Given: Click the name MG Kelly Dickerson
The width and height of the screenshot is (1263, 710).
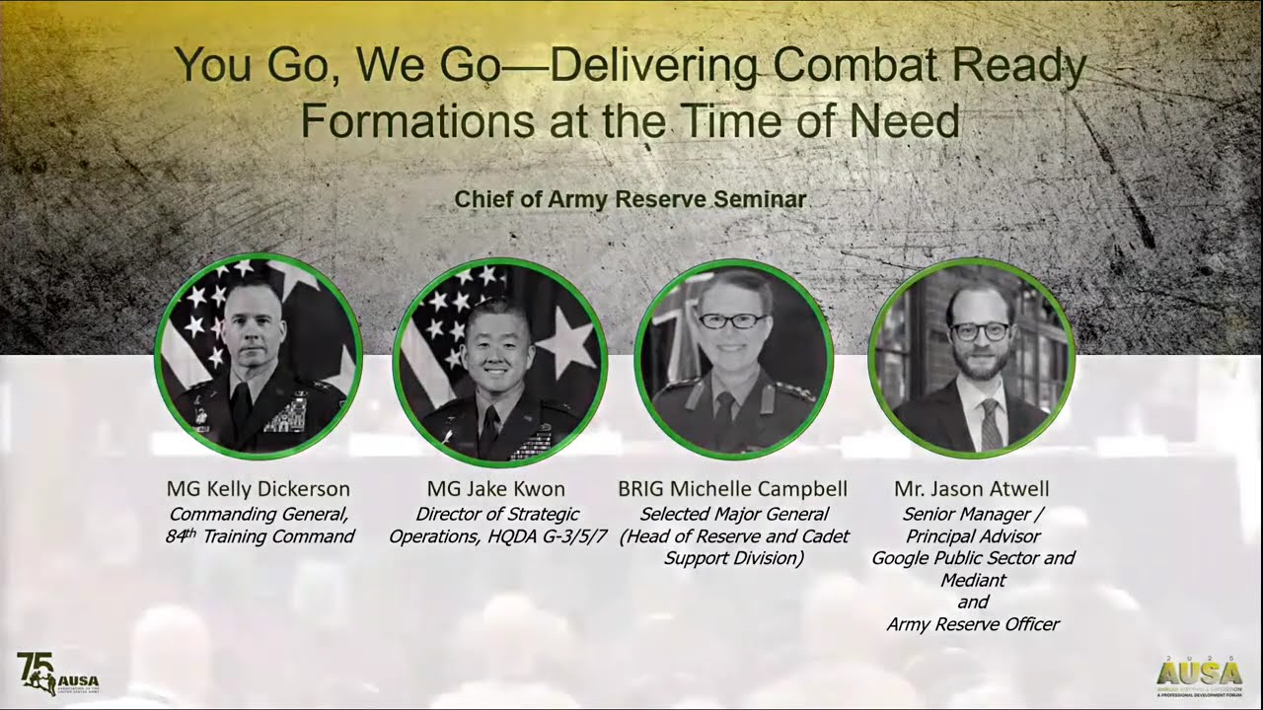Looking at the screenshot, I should pos(258,489).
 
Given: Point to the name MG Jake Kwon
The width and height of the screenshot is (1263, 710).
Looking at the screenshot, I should pos(496,489).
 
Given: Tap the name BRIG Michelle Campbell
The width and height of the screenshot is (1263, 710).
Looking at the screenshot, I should pos(733,489).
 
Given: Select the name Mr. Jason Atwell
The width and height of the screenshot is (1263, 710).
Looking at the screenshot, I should pos(971,489).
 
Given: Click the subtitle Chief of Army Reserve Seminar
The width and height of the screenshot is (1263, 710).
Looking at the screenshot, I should pos(630,199).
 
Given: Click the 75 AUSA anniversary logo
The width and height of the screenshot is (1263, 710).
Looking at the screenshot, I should pos(57,674).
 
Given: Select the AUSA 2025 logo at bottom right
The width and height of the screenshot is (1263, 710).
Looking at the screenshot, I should pos(1200,675).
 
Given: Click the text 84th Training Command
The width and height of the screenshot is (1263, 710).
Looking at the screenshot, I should pos(259,537).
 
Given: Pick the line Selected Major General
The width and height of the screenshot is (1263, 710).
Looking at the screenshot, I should pos(733,514).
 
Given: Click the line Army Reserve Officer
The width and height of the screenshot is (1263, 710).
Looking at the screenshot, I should pos(972,624).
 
